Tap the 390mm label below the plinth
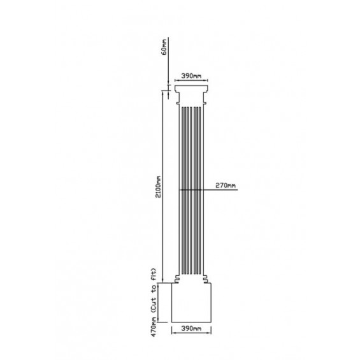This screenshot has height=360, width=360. [191, 329]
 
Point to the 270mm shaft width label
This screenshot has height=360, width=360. [226, 185]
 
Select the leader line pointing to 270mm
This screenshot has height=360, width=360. [198, 190]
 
